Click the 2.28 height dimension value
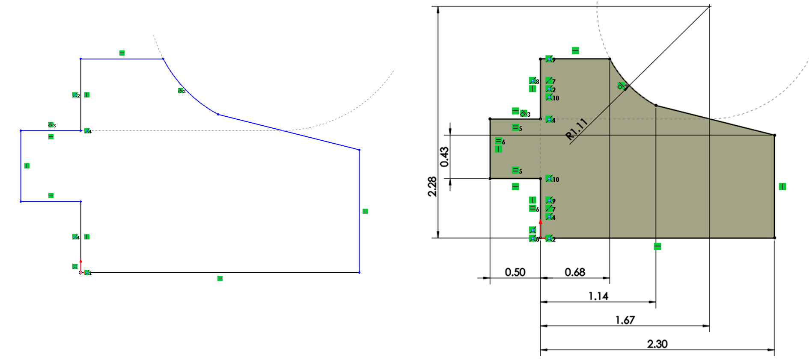[x=432, y=186]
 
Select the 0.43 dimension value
[x=444, y=157]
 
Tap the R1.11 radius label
[x=577, y=129]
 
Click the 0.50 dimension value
[x=515, y=272]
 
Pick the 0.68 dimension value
[x=575, y=272]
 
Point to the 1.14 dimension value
[x=598, y=296]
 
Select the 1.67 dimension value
[x=625, y=320]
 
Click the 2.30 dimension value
[x=657, y=344]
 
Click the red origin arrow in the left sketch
[x=80, y=265]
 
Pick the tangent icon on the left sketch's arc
[x=181, y=91]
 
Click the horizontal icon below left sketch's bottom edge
[x=220, y=278]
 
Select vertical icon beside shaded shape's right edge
[x=782, y=186]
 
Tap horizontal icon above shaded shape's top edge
[x=575, y=50]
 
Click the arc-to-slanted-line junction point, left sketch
[x=218, y=114]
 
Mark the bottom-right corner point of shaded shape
[x=774, y=238]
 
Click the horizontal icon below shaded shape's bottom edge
[x=657, y=246]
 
